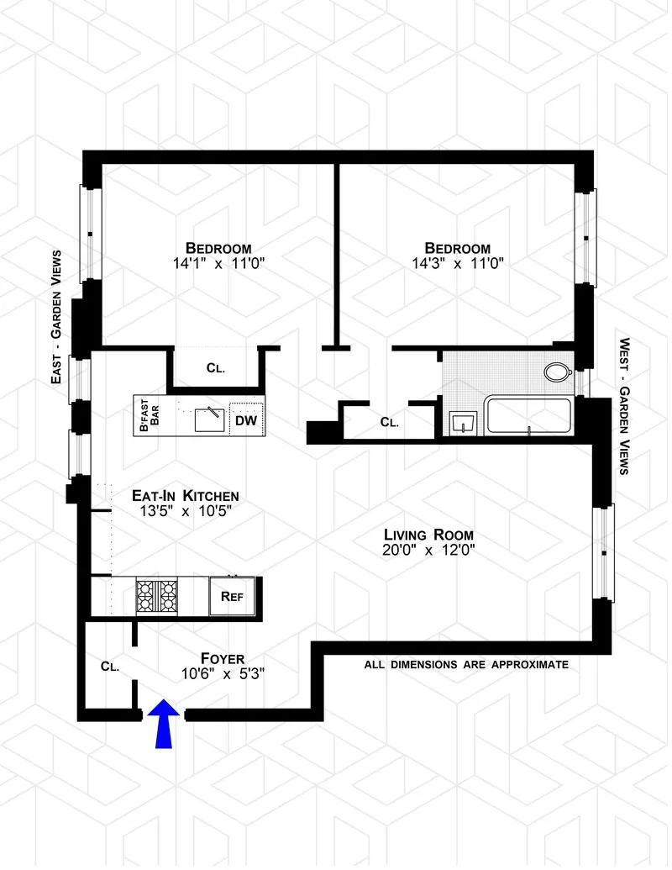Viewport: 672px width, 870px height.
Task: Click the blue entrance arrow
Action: coord(164,725)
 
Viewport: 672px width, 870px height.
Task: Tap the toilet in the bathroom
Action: coord(556,371)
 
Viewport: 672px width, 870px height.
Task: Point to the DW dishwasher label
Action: coord(245,419)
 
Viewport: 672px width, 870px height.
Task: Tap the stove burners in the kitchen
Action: coord(157,595)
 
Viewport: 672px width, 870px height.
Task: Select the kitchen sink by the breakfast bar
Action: coord(208,418)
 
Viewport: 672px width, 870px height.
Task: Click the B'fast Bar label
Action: coord(149,415)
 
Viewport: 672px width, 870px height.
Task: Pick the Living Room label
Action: coord(428,535)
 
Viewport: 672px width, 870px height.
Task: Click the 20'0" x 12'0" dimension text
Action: coord(428,551)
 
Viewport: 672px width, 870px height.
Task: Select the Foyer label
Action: coord(223,657)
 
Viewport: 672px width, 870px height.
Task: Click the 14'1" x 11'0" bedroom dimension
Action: coord(218,264)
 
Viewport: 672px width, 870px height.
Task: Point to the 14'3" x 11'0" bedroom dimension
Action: coord(457,264)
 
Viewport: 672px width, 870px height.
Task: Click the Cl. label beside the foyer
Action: coord(109,666)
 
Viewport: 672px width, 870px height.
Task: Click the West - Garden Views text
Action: coord(624,406)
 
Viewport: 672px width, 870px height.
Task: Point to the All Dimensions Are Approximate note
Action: coord(466,664)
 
